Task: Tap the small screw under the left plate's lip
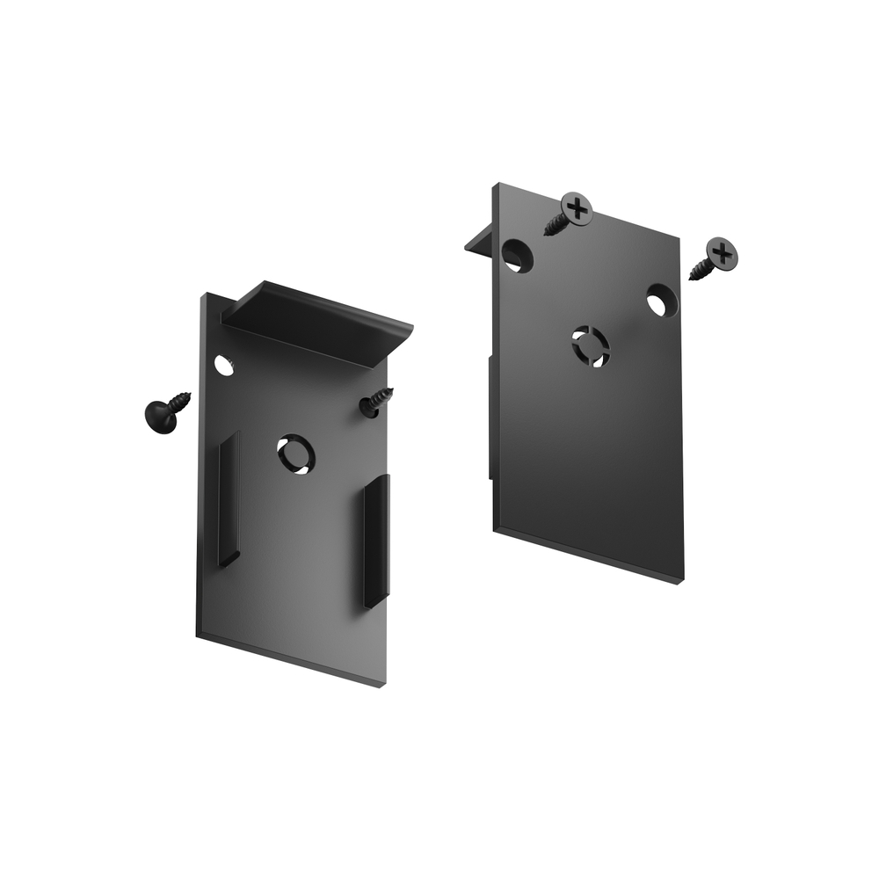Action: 376,403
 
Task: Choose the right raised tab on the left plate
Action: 376,540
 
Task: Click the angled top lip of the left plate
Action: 316,321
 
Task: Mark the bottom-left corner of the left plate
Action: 198,636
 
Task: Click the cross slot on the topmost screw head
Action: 578,208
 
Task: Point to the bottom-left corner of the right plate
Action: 495,529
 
